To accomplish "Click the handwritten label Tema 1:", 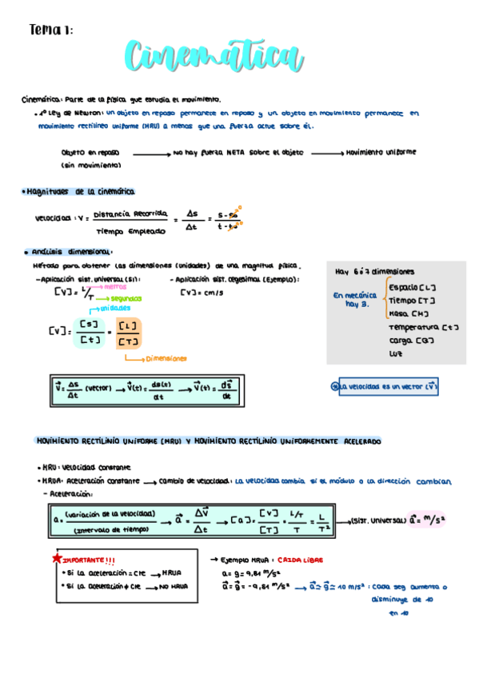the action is tap(50, 30).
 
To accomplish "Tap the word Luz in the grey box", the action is tap(396, 353).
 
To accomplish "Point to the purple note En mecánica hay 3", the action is tap(354, 299).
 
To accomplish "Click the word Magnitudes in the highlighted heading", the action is tap(50, 192).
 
